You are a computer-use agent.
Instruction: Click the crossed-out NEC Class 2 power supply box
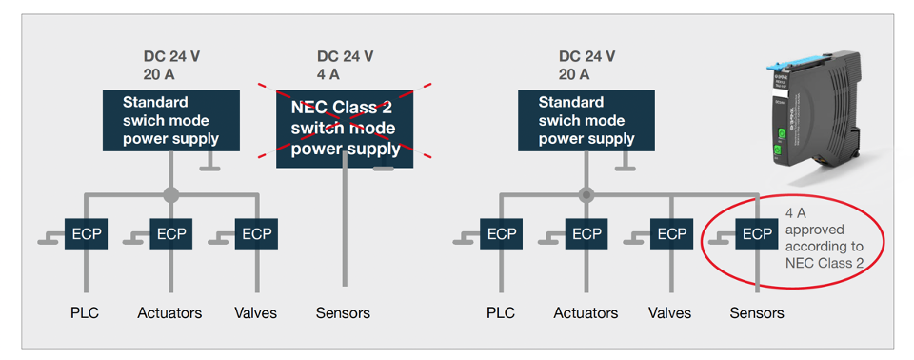tap(345, 129)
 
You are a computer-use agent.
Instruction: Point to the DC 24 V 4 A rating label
tap(345, 65)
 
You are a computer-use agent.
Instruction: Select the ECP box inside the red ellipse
tap(757, 234)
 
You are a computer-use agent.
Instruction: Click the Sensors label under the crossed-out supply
tap(343, 312)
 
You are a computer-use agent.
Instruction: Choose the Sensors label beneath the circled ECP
tap(757, 312)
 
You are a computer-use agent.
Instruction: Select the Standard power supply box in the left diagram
tap(170, 120)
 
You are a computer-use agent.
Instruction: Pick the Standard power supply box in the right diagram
tap(586, 120)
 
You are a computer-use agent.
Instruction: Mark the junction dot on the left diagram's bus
tap(170, 195)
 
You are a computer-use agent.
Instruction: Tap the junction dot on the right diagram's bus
tap(586, 195)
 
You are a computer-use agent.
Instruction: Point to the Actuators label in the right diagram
tap(585, 312)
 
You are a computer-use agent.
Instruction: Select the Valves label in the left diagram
tap(255, 312)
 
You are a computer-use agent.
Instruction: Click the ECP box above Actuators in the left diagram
tap(170, 234)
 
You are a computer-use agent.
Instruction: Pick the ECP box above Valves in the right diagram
tap(671, 234)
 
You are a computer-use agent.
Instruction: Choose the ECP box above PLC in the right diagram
tap(501, 234)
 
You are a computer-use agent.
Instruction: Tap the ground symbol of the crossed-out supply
tap(384, 170)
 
